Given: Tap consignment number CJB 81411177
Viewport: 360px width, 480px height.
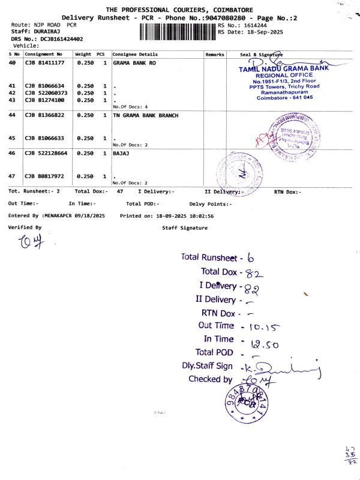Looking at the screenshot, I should click(x=44, y=62).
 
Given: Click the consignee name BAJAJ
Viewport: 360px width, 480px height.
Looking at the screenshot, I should click(x=121, y=154).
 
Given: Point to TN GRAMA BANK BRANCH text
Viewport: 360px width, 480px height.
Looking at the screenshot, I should click(x=145, y=115).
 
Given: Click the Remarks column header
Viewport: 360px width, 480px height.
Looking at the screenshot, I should click(x=214, y=54).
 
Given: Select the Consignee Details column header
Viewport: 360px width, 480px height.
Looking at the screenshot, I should click(x=135, y=54).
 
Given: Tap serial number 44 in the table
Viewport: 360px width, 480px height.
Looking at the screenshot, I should click(x=12, y=115).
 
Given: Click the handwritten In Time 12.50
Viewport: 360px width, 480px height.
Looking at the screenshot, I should click(x=262, y=344).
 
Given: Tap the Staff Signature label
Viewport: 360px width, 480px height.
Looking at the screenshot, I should click(x=185, y=228).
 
